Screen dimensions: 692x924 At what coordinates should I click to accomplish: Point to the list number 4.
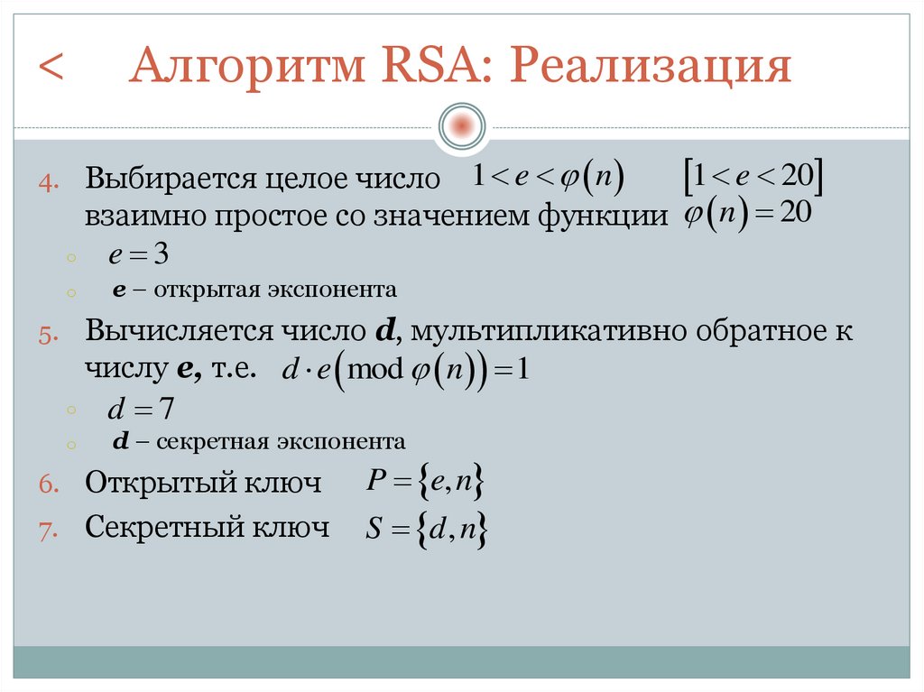point(49,181)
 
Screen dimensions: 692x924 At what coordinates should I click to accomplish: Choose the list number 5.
point(49,334)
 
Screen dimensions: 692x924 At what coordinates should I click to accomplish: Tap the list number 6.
point(49,484)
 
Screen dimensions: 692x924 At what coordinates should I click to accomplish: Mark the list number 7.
point(49,530)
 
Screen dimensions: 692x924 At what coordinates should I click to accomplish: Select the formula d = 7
point(140,410)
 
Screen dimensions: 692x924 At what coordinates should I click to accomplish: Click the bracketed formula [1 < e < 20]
point(752,177)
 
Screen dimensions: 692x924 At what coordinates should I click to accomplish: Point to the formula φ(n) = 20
point(748,216)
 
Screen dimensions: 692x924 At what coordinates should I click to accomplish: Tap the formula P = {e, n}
point(426,483)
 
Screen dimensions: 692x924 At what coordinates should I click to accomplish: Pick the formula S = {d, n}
point(427,530)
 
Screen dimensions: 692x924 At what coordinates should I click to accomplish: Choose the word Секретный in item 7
point(163,527)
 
